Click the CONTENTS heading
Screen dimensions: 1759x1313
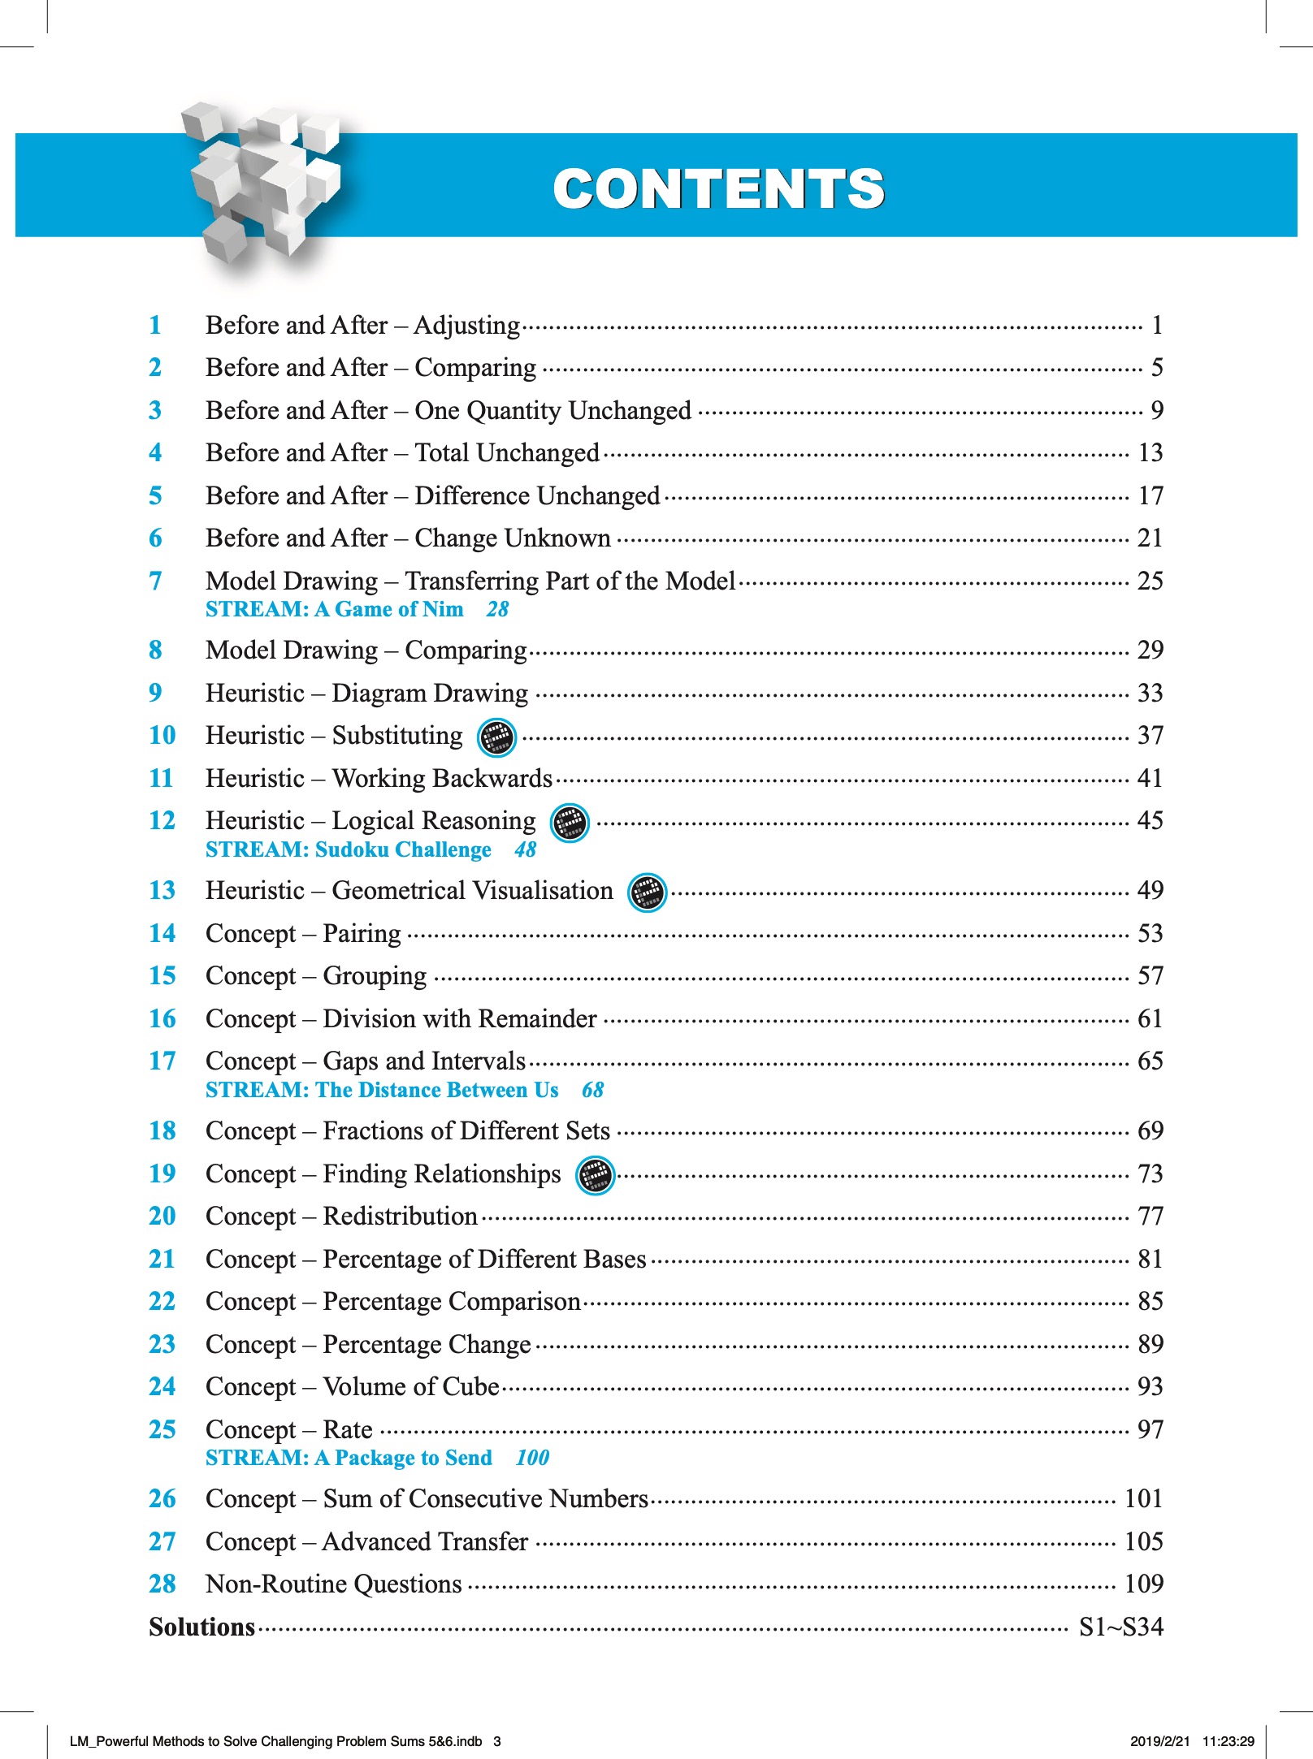tap(718, 188)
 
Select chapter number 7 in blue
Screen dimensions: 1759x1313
tap(155, 581)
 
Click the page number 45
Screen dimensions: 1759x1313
tap(1150, 820)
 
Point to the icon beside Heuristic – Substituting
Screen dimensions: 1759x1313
tap(496, 737)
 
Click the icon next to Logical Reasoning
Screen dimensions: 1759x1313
tap(570, 823)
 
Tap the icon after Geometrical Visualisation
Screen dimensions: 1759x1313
tap(648, 892)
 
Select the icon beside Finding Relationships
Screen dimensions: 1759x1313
tap(595, 1175)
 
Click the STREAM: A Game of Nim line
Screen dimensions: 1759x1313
tap(335, 609)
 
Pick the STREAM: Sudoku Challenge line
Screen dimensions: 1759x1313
tap(349, 849)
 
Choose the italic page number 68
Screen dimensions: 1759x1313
tap(592, 1090)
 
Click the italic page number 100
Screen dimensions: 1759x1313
tap(532, 1458)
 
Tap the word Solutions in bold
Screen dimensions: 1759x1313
tap(201, 1627)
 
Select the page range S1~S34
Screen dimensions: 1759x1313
tap(1120, 1627)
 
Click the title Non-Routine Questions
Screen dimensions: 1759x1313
tap(334, 1584)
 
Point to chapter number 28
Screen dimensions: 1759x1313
tap(162, 1584)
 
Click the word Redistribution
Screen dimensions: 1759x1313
tap(400, 1216)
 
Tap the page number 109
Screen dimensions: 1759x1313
tap(1143, 1584)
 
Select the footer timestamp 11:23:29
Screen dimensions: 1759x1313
tap(1228, 1741)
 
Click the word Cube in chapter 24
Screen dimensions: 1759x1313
tap(471, 1386)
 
